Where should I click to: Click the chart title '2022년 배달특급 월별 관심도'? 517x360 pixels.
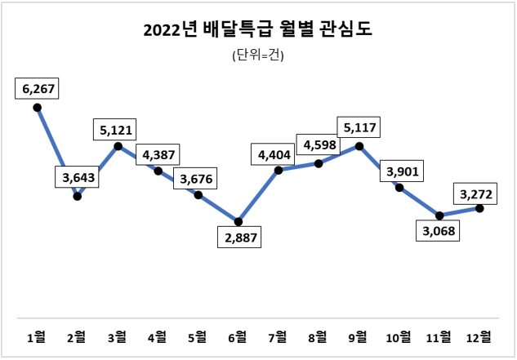(x=257, y=31)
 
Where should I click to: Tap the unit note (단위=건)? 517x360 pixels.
(x=257, y=56)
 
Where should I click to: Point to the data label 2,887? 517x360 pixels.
(x=238, y=239)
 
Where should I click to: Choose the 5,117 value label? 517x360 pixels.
(x=359, y=128)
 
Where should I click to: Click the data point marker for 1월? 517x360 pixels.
(x=37, y=107)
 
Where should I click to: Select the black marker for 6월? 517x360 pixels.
(x=238, y=220)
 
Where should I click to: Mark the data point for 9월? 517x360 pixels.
(x=359, y=147)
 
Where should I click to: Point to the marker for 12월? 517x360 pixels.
(x=479, y=208)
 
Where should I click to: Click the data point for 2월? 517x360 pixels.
(x=78, y=195)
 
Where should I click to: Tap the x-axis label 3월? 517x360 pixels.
(x=117, y=336)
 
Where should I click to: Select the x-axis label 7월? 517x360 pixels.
(x=279, y=336)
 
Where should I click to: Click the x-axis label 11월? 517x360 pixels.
(x=439, y=336)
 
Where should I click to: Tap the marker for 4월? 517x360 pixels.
(x=158, y=171)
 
